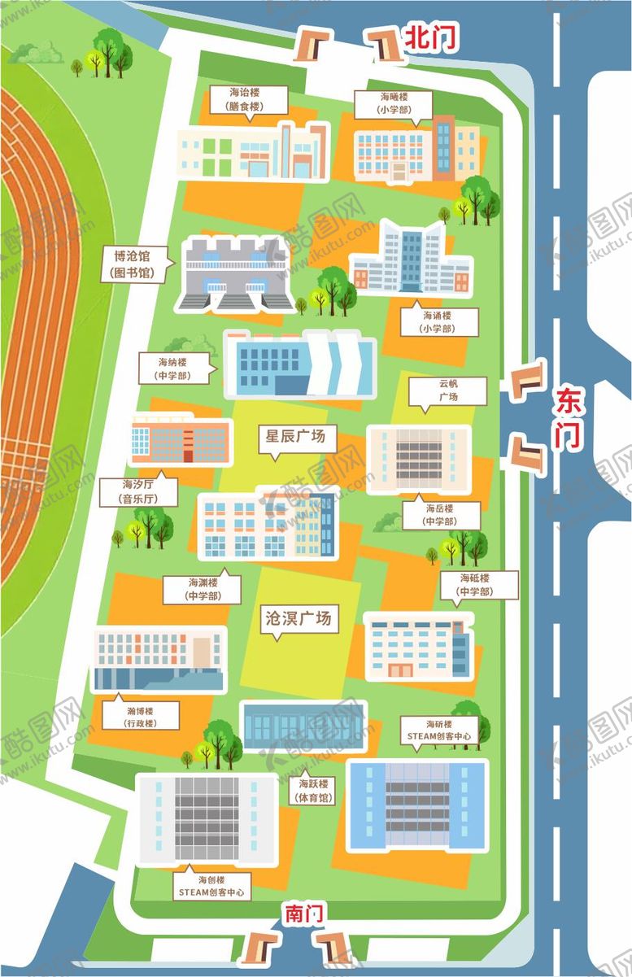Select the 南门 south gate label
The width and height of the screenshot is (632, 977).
(304, 914)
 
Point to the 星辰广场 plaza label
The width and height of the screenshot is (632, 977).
(294, 437)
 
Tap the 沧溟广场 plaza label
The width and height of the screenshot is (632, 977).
(299, 619)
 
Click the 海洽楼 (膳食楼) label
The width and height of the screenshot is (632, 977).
(247, 99)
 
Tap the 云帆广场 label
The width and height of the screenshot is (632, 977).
(448, 390)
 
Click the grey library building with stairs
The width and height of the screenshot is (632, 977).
(235, 274)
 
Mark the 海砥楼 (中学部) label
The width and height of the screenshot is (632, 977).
(477, 585)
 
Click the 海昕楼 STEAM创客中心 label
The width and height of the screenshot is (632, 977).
(438, 730)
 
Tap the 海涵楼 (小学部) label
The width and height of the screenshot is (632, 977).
(437, 321)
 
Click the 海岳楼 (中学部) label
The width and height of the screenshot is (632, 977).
(439, 515)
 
